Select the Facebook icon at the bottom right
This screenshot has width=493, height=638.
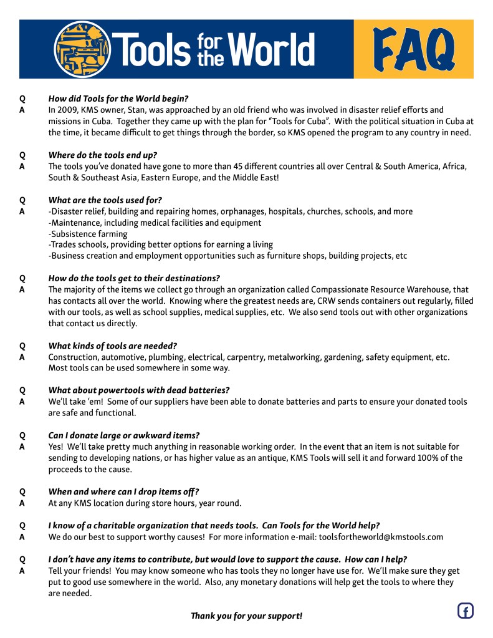pyautogui.click(x=465, y=611)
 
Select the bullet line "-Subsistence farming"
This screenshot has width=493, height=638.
pyautogui.click(x=88, y=234)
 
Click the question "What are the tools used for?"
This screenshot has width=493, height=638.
pyautogui.click(x=105, y=200)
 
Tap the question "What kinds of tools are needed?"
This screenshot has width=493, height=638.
pyautogui.click(x=113, y=346)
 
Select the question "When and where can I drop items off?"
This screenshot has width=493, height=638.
pyautogui.click(x=124, y=491)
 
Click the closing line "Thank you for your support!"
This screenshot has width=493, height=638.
pyautogui.click(x=246, y=616)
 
